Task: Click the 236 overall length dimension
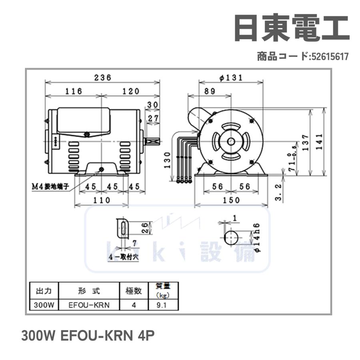tap(102, 78)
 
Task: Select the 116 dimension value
tap(74, 91)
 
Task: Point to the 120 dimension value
tap(131, 91)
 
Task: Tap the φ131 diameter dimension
tap(231, 78)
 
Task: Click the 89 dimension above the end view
tap(209, 91)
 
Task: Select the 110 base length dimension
tap(102, 200)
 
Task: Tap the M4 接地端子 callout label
tap(51, 186)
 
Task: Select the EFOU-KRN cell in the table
tap(89, 305)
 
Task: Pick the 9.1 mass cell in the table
tap(162, 305)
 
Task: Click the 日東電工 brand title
tap(291, 29)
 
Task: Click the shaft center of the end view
tap(231, 141)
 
